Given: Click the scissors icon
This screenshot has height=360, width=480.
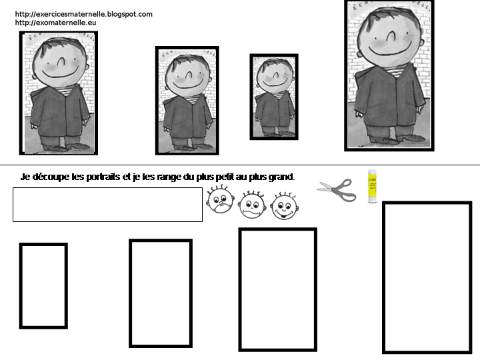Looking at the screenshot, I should [x=337, y=190].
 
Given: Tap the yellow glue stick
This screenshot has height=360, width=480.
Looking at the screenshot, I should [x=373, y=186].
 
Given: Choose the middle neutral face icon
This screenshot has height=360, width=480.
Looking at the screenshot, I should [x=252, y=205].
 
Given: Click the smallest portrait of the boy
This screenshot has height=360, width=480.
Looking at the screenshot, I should [x=274, y=97].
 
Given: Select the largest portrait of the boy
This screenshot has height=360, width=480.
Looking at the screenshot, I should [x=389, y=75].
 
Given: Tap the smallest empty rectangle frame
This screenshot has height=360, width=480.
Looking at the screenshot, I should [x=43, y=285].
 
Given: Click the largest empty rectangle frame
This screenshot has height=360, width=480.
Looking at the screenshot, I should [x=427, y=277].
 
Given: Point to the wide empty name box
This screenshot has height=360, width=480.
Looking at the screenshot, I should [x=107, y=204].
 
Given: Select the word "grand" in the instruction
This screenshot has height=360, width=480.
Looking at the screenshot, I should [x=281, y=177].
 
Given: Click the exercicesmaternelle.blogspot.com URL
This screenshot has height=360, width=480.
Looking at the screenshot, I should [x=83, y=14].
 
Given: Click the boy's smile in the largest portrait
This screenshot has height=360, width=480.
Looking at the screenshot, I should [x=389, y=52].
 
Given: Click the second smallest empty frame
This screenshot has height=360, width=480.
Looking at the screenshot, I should [x=161, y=293].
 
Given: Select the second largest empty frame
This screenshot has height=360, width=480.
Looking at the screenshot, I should [x=277, y=289].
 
